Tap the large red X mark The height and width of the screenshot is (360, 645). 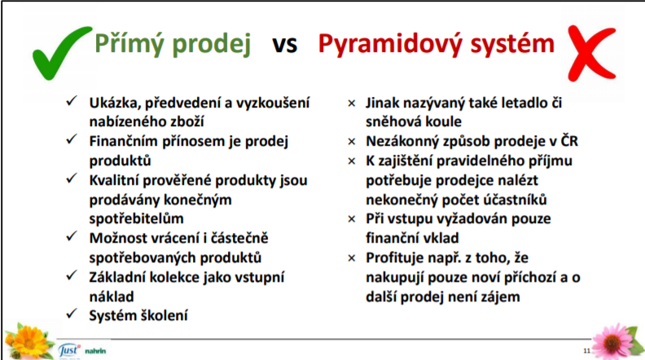tap(591, 52)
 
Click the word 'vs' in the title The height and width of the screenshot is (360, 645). tap(284, 44)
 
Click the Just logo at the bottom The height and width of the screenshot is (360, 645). tap(68, 350)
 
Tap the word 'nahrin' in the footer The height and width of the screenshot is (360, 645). tap(95, 351)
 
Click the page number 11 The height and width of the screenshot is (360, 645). tap(586, 350)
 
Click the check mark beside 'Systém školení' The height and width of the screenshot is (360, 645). tap(72, 314)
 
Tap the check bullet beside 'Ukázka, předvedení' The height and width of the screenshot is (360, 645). tap(72, 100)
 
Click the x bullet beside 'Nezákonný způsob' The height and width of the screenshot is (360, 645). tap(352, 142)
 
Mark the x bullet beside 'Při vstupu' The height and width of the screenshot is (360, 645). tap(352, 219)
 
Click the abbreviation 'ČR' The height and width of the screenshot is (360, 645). tap(569, 141)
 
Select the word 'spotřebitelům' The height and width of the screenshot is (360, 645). tap(136, 218)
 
